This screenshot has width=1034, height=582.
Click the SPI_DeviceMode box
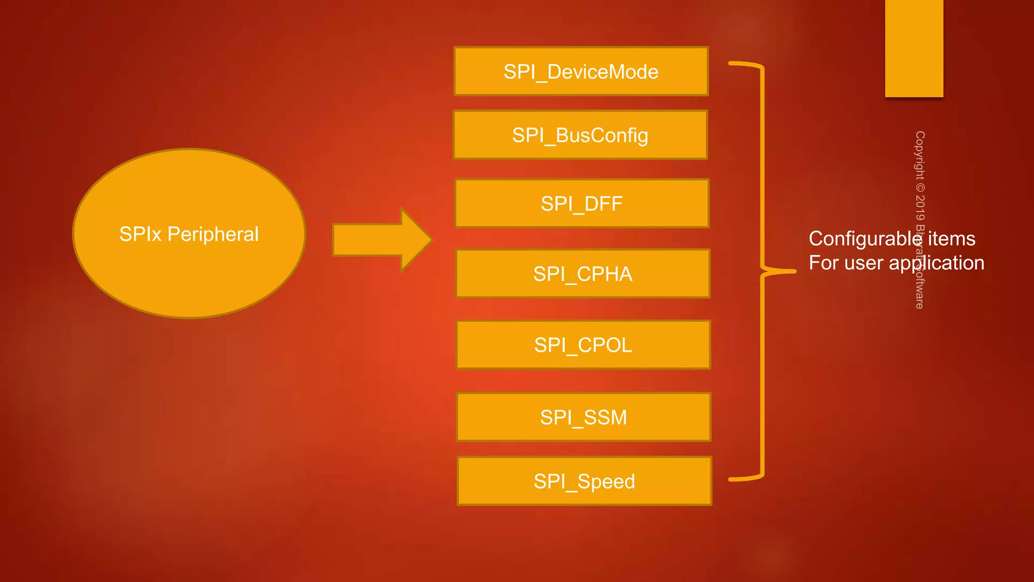pyautogui.click(x=581, y=71)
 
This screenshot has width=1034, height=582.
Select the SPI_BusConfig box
pyautogui.click(x=580, y=135)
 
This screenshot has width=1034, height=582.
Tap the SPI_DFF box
pyautogui.click(x=582, y=203)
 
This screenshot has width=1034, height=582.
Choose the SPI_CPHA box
pyautogui.click(x=583, y=273)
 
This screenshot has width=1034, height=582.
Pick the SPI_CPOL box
pyautogui.click(x=583, y=345)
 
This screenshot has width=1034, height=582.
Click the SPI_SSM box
pyautogui.click(x=584, y=417)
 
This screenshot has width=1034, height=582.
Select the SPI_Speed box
pyautogui.click(x=584, y=481)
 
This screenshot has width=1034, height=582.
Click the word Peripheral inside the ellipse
pyautogui.click(x=213, y=234)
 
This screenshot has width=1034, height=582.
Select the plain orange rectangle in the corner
pyautogui.click(x=914, y=48)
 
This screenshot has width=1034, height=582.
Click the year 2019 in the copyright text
pyautogui.click(x=920, y=208)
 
